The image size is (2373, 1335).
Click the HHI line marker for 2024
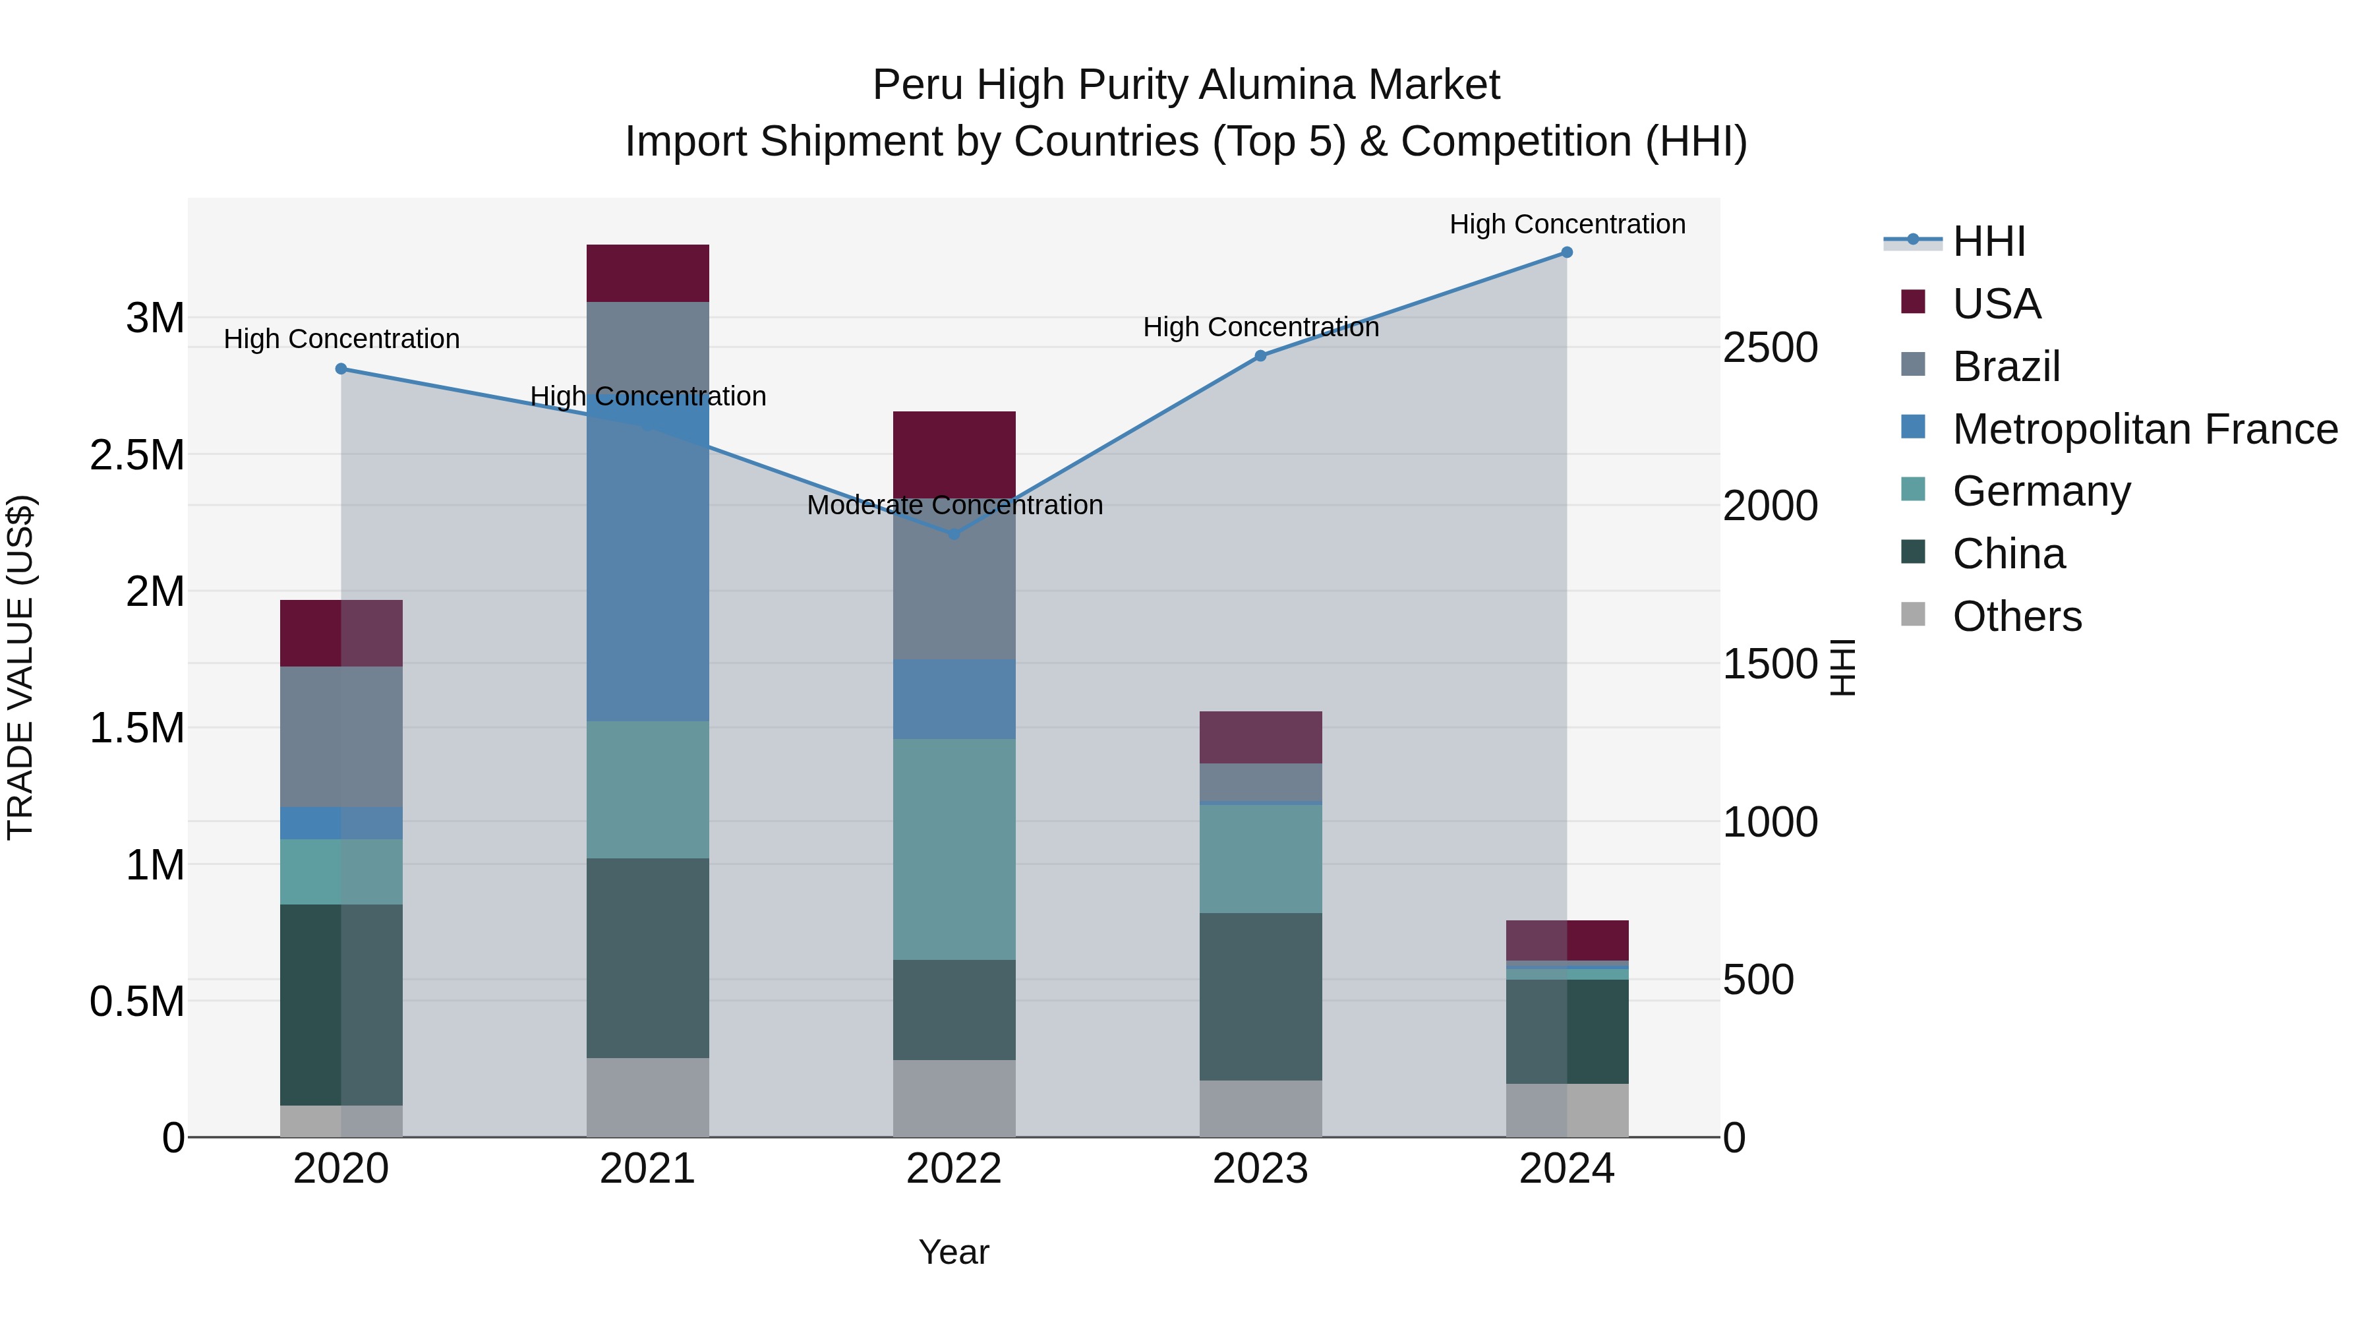(1566, 252)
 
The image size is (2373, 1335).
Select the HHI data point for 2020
(341, 369)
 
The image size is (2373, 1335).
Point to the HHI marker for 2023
(1260, 355)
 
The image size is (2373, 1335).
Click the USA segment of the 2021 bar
(647, 273)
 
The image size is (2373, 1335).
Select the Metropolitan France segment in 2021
(647, 571)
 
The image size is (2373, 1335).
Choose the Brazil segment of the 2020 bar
(341, 736)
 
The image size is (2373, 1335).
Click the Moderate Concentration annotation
(954, 505)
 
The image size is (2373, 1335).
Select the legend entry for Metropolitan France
(2144, 429)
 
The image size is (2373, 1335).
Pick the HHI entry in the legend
(1988, 241)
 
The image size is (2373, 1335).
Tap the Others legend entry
(2016, 616)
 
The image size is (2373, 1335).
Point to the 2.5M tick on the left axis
(137, 455)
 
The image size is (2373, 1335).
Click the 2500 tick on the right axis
(1770, 348)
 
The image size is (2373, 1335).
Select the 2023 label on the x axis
(1260, 1169)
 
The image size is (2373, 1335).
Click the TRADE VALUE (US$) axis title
(20, 667)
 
